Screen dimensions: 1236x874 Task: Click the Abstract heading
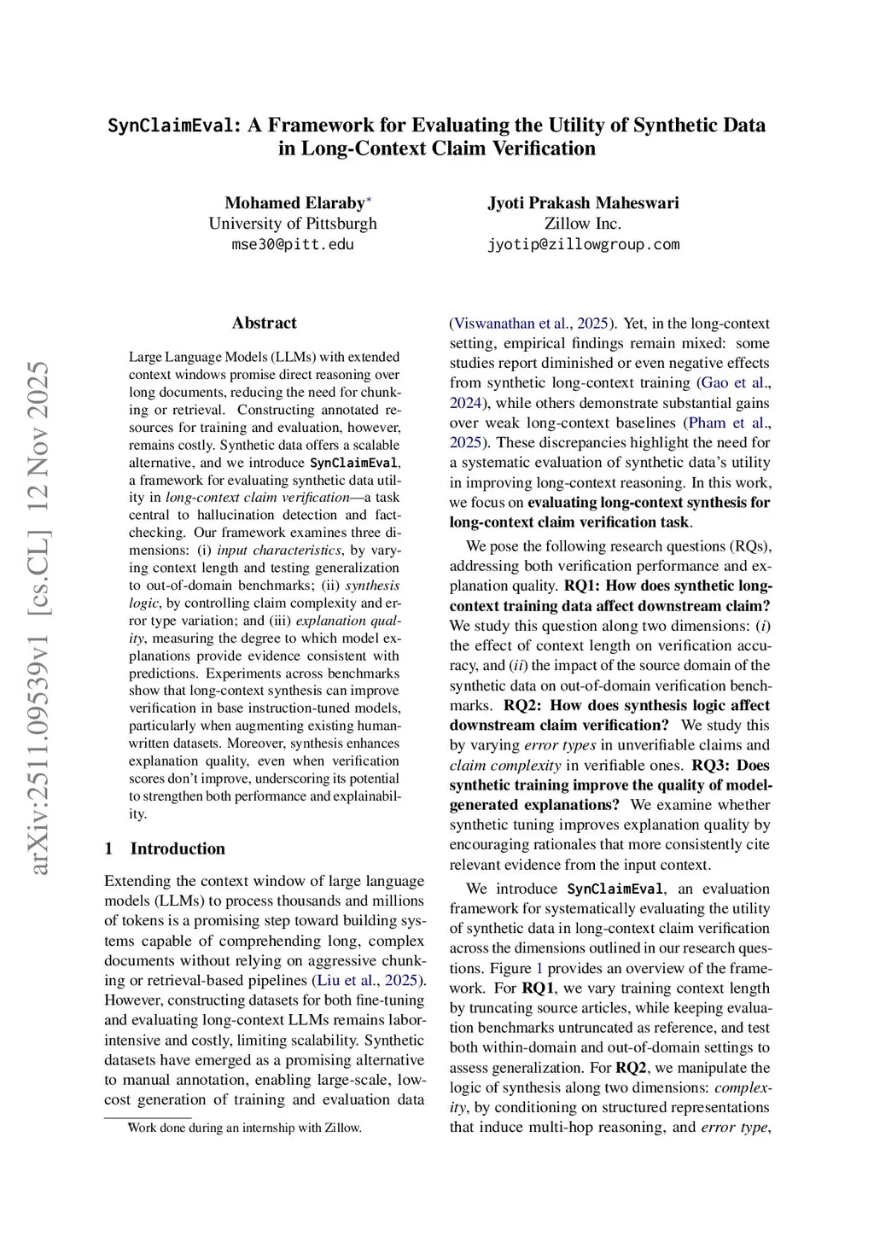point(264,323)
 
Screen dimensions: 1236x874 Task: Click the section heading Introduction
point(178,848)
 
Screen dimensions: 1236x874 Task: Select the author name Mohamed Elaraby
point(294,203)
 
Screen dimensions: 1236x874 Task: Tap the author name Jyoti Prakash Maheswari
point(583,203)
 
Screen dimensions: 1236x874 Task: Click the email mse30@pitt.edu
point(293,244)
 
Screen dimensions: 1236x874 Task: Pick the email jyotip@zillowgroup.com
point(583,244)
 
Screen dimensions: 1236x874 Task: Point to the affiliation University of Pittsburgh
point(293,224)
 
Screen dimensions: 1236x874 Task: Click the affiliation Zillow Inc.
point(583,224)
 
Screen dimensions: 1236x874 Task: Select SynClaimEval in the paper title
point(171,125)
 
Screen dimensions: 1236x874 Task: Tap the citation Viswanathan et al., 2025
point(531,324)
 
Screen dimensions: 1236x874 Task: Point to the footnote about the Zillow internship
point(244,1128)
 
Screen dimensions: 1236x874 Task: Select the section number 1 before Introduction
point(109,848)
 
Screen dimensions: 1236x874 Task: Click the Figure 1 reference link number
point(539,968)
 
